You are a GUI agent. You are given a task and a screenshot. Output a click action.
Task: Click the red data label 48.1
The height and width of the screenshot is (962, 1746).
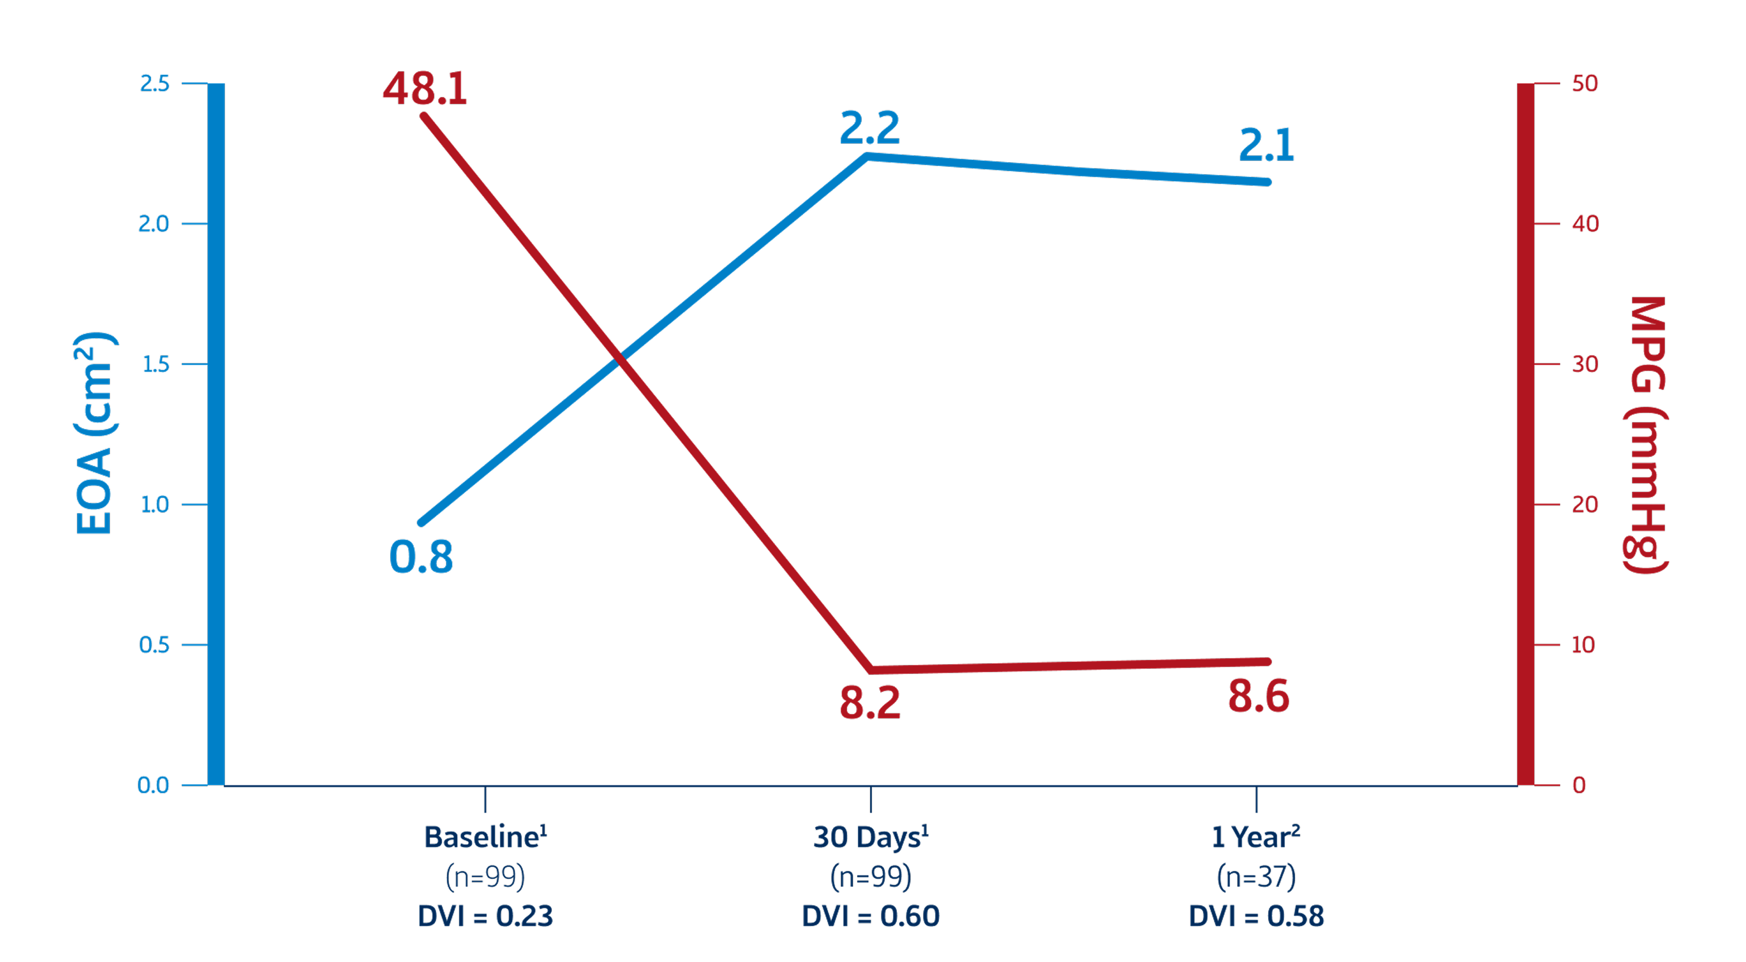tap(425, 88)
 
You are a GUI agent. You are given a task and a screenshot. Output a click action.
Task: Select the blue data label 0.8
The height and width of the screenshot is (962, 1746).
tap(421, 557)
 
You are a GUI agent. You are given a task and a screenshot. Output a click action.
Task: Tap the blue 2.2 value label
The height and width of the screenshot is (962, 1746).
tap(870, 128)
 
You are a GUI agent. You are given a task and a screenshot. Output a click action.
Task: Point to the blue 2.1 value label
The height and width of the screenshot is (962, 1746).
tap(1266, 144)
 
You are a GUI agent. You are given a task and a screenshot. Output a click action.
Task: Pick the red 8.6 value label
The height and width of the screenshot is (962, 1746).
tap(1258, 697)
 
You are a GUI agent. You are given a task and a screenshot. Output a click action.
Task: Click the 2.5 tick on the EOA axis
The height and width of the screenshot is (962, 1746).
tap(154, 84)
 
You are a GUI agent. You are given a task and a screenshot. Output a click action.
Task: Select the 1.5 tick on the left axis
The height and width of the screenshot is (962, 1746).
tap(154, 365)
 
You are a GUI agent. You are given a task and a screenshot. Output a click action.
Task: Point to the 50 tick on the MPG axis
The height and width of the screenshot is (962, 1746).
tap(1585, 84)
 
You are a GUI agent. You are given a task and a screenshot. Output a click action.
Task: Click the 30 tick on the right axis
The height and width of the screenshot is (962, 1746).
tap(1585, 365)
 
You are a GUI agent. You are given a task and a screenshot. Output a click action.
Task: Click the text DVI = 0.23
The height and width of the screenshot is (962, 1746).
tap(485, 916)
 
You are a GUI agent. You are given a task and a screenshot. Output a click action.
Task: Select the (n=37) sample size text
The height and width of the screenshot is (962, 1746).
tap(1256, 877)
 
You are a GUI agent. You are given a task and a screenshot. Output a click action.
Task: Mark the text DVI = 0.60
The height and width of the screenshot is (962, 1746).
tap(870, 916)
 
